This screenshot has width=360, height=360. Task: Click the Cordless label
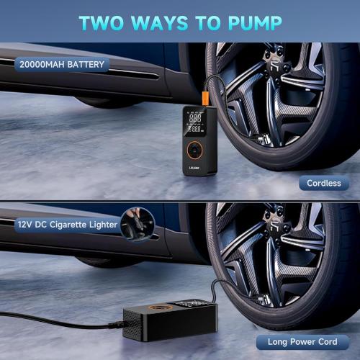point(323,184)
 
